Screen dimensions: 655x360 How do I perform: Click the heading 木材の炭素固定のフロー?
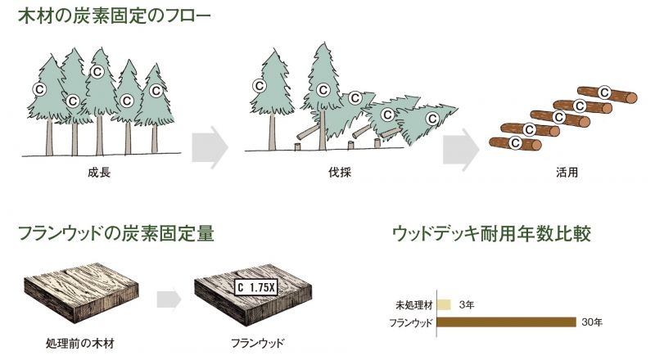coord(115,16)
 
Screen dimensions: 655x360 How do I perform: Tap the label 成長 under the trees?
coord(99,173)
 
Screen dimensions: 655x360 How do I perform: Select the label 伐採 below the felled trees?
coord(340,173)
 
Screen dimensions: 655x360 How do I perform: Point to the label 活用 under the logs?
coord(567,173)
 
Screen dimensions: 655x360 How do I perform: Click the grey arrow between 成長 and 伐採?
coord(210,147)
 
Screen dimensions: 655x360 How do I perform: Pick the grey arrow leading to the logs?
coord(461,149)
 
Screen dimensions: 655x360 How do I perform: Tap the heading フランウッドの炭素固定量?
coord(116,233)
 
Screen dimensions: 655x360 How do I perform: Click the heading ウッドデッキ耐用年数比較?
coord(492,233)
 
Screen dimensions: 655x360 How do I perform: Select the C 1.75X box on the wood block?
coord(255,287)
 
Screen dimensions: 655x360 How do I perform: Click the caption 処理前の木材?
coord(79,344)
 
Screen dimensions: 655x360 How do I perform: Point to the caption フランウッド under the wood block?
coord(257,344)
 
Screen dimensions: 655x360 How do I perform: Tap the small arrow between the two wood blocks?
coord(169,299)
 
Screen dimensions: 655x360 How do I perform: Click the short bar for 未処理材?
coord(444,304)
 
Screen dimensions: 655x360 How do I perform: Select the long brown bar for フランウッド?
coord(507,322)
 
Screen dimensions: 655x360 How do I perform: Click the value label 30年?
coord(592,322)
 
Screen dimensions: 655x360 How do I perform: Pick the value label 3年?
coord(466,305)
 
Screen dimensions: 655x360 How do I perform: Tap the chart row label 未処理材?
coord(414,305)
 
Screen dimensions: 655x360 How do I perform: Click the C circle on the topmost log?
coord(604,92)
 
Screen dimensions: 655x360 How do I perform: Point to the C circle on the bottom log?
coord(516,143)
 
